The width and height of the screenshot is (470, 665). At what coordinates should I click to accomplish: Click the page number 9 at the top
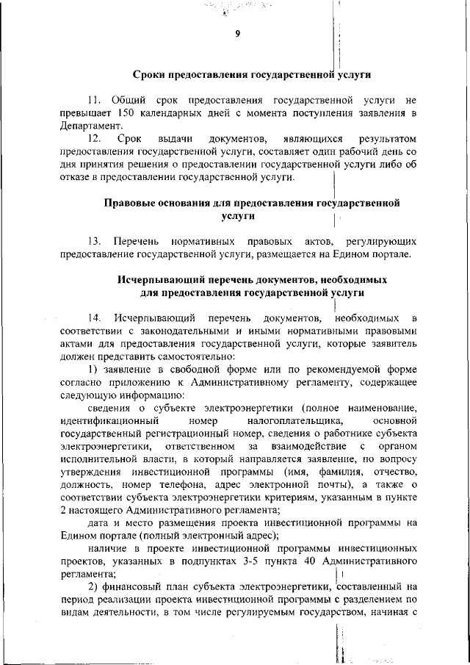(x=237, y=33)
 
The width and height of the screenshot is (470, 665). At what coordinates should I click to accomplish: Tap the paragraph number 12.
(x=94, y=139)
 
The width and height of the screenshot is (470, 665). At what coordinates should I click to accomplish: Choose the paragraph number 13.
(x=94, y=241)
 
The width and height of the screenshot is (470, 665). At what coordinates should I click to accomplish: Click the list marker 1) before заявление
(x=93, y=369)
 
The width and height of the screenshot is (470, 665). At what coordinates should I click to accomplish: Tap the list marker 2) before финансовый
(x=93, y=587)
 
